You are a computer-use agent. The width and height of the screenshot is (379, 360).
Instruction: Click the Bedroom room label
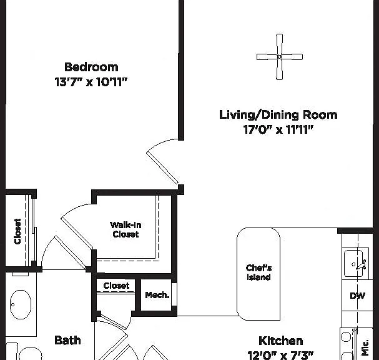pyautogui.click(x=91, y=67)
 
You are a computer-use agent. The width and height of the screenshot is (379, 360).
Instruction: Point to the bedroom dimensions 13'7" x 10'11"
pyautogui.click(x=91, y=82)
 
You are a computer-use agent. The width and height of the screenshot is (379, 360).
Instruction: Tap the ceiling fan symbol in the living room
pyautogui.click(x=280, y=57)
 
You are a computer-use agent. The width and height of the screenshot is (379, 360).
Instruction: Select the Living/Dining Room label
pyautogui.click(x=278, y=114)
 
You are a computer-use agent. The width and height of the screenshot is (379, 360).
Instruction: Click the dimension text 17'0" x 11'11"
pyautogui.click(x=278, y=129)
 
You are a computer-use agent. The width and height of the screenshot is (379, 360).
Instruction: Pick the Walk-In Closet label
pyautogui.click(x=126, y=229)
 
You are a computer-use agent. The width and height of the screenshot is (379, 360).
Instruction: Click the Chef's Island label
pyautogui.click(x=258, y=272)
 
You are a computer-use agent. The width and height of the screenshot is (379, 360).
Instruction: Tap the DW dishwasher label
pyautogui.click(x=358, y=296)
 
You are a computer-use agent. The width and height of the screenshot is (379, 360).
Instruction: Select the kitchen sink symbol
pyautogui.click(x=355, y=264)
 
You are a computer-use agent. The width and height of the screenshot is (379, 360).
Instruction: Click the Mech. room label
pyautogui.click(x=157, y=295)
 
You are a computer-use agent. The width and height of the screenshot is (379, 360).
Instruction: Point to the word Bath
pyautogui.click(x=67, y=341)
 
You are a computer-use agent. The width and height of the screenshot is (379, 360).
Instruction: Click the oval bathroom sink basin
pyautogui.click(x=21, y=304)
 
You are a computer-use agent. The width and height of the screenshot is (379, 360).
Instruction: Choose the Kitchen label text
pyautogui.click(x=281, y=341)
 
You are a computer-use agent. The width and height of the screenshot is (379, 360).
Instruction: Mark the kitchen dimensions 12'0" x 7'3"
pyautogui.click(x=280, y=355)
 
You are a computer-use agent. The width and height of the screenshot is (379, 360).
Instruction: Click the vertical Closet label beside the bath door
pyautogui.click(x=17, y=231)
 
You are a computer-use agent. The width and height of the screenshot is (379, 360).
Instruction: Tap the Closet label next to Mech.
pyautogui.click(x=116, y=286)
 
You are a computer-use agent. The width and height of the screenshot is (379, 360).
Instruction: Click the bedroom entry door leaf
pyautogui.click(x=162, y=167)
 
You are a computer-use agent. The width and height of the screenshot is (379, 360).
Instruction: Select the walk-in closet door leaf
pyautogui.click(x=77, y=232)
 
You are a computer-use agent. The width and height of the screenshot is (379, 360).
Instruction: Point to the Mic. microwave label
pyautogui.click(x=365, y=347)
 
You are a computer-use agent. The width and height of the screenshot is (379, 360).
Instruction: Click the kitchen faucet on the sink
pyautogui.click(x=362, y=265)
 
